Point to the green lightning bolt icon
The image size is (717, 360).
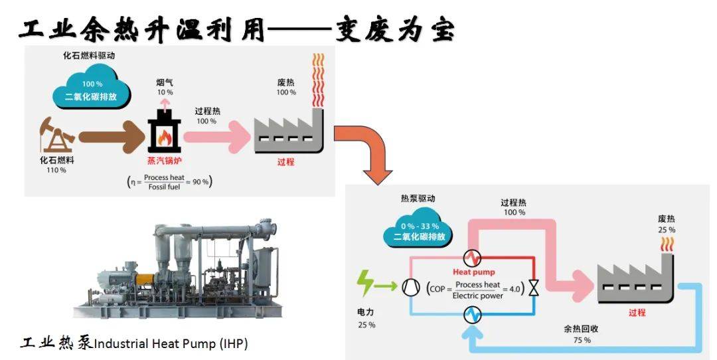point(365,284)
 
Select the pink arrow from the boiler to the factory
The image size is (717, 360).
point(216,136)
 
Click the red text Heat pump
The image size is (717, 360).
point(474,272)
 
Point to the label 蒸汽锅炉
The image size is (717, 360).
point(164,161)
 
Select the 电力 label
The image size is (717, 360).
point(366,312)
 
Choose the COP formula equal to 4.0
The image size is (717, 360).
point(475,290)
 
